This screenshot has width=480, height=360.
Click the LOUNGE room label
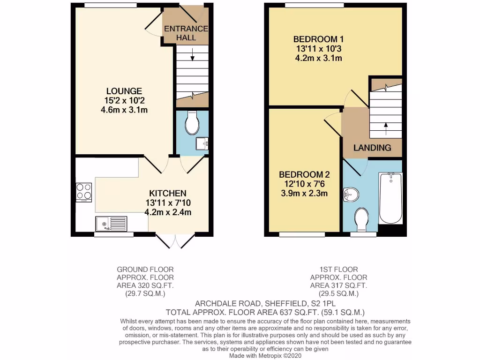click(124, 91)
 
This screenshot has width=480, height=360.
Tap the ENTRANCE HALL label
click(186, 32)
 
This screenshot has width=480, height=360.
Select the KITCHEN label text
click(168, 193)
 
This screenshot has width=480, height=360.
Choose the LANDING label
click(372, 148)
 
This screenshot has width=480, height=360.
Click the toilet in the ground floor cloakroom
click(192, 123)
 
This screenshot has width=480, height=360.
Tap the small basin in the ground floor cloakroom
click(202, 144)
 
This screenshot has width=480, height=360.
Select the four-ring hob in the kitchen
click(84, 192)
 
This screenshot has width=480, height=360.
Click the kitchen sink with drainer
click(111, 224)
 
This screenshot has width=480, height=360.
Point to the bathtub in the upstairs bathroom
click(390, 198)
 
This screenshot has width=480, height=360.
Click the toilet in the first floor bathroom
click(361, 220)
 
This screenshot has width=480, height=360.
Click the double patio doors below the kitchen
click(175, 241)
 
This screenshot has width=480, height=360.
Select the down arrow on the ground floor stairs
click(193, 57)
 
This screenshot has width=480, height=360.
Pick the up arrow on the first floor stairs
click(386, 125)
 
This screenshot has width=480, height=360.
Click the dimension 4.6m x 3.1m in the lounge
click(124, 110)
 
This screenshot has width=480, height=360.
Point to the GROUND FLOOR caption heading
click(145, 270)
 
